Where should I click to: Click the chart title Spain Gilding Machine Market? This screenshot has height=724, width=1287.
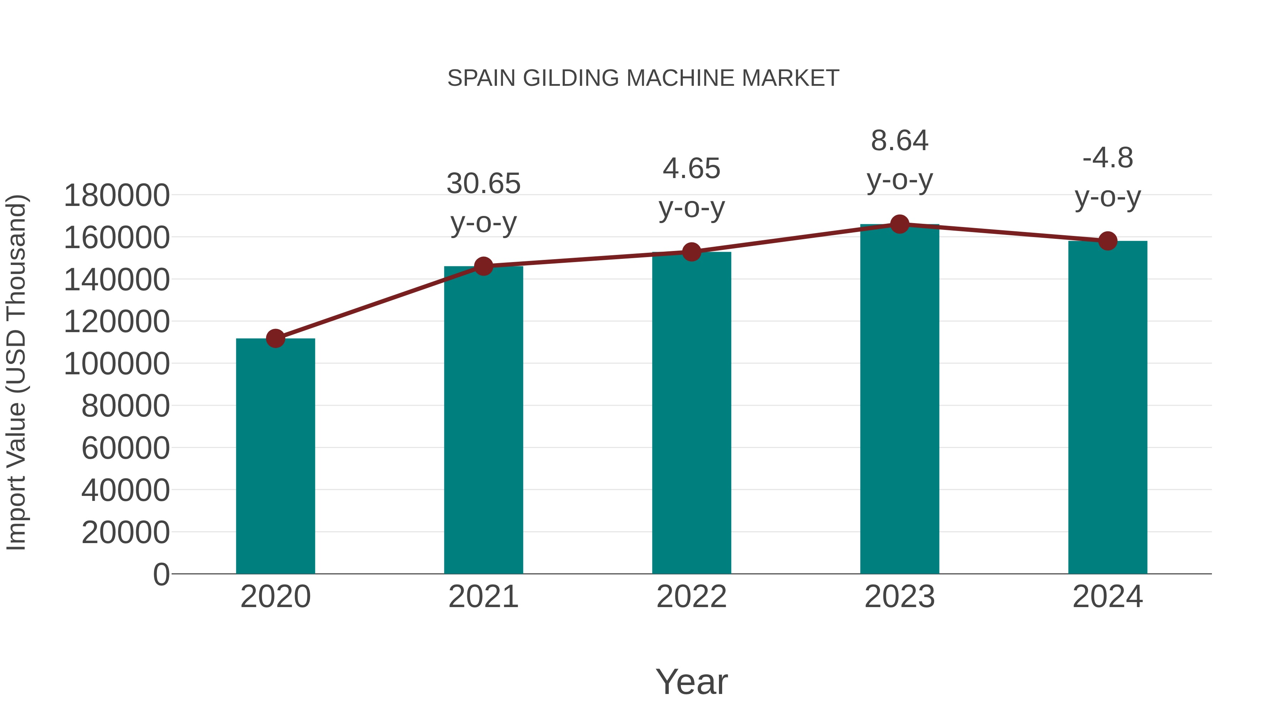coord(643,78)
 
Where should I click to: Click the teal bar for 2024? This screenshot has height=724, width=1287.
coord(1108,407)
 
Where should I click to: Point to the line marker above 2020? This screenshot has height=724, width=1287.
coord(275,339)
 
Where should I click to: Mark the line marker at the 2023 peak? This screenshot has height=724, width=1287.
coord(899,224)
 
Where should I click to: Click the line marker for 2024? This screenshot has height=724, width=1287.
coord(1108,241)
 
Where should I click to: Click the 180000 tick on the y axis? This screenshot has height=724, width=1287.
coord(117,195)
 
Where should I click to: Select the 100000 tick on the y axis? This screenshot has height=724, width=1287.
coord(117,364)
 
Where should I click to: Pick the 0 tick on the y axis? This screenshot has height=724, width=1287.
coord(161,574)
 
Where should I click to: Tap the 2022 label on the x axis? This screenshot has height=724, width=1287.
coord(691,597)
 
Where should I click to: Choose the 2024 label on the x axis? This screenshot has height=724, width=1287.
coord(1108,597)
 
